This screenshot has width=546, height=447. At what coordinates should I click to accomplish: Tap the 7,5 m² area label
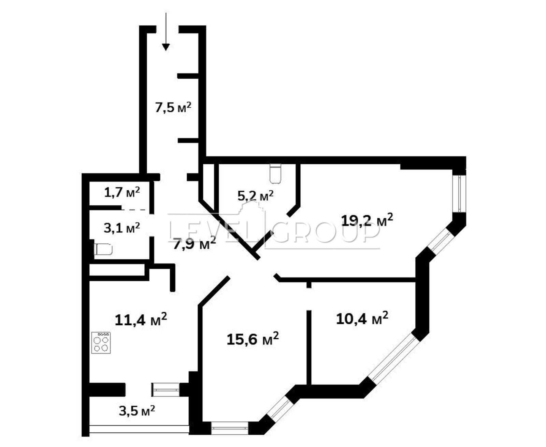tap(173, 107)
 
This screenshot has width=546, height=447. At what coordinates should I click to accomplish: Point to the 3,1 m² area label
tap(122, 228)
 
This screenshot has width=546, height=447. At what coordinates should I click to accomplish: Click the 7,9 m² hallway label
tap(195, 243)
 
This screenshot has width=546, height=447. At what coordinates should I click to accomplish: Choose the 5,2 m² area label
tap(255, 195)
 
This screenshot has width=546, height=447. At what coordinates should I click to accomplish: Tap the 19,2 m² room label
tap(367, 220)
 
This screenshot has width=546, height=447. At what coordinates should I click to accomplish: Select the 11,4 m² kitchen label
tap(141, 320)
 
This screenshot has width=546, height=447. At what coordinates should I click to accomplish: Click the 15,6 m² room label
tap(253, 339)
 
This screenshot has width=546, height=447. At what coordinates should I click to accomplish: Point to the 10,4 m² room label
tap(362, 318)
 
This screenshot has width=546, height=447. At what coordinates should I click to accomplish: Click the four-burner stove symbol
tap(101, 342)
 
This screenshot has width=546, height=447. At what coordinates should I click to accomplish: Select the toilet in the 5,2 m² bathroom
tap(275, 174)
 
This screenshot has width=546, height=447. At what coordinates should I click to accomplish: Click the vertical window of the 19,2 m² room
tap(459, 194)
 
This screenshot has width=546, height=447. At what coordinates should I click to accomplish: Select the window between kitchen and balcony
tap(166, 390)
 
